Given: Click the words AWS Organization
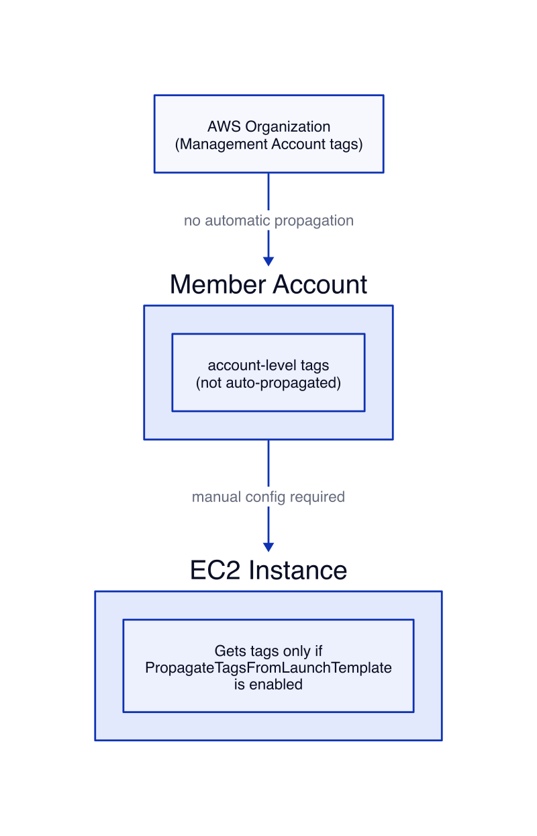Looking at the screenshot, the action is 268,126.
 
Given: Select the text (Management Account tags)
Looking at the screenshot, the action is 268,144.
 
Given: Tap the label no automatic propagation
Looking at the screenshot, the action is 268,220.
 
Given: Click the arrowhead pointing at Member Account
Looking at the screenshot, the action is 268,261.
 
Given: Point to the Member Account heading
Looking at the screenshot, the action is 268,284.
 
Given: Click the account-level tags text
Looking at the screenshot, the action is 268,365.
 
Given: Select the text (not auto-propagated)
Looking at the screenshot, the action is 268,383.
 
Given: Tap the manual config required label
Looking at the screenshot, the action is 268,497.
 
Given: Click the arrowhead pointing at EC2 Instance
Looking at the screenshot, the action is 268,547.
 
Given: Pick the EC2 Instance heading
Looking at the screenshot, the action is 268,570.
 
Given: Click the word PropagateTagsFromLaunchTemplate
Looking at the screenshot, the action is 268,668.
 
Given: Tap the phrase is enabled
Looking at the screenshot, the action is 268,685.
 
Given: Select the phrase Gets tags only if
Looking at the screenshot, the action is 268,651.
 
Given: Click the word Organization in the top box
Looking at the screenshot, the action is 288,127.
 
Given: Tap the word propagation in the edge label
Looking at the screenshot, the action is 314,221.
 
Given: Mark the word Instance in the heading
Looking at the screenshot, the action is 298,570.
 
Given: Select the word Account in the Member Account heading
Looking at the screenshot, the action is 320,284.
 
